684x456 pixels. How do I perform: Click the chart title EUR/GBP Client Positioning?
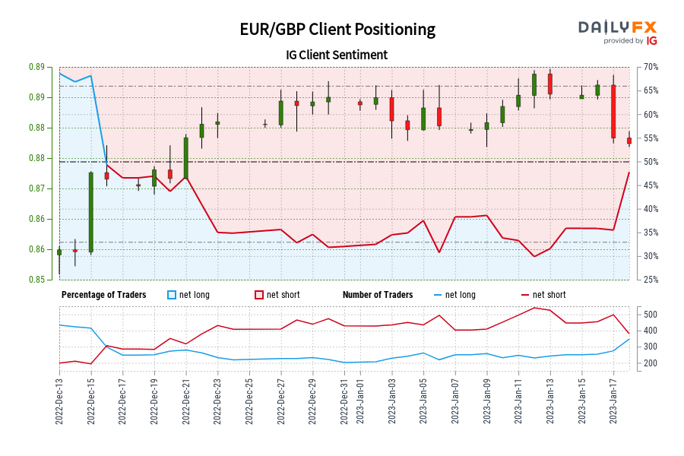click(337, 30)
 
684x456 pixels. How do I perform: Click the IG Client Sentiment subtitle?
click(337, 55)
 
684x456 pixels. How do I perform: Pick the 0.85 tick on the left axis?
click(36, 280)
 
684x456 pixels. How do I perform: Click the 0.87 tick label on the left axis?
click(36, 188)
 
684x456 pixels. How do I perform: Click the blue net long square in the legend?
click(173, 295)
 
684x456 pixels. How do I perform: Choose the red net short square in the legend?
click(259, 295)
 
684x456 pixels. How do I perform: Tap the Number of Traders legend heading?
click(378, 295)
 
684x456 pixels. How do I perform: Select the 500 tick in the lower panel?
click(651, 314)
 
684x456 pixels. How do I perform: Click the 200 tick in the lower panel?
click(651, 363)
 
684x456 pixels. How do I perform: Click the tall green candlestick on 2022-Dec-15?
click(90, 212)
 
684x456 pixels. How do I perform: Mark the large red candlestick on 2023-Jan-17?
click(613, 111)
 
